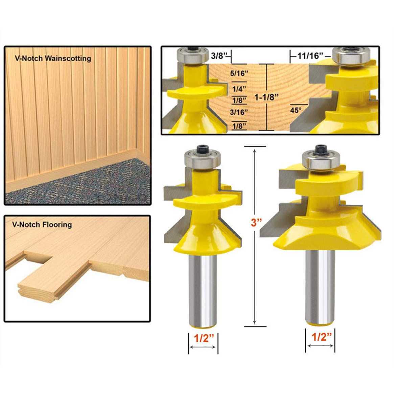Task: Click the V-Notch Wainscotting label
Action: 53,58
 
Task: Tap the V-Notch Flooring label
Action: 42,225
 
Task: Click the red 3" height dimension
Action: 257,223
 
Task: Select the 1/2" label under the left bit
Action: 203,338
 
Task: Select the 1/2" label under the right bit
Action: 321,337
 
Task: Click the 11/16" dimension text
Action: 310,55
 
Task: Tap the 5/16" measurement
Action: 239,73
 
